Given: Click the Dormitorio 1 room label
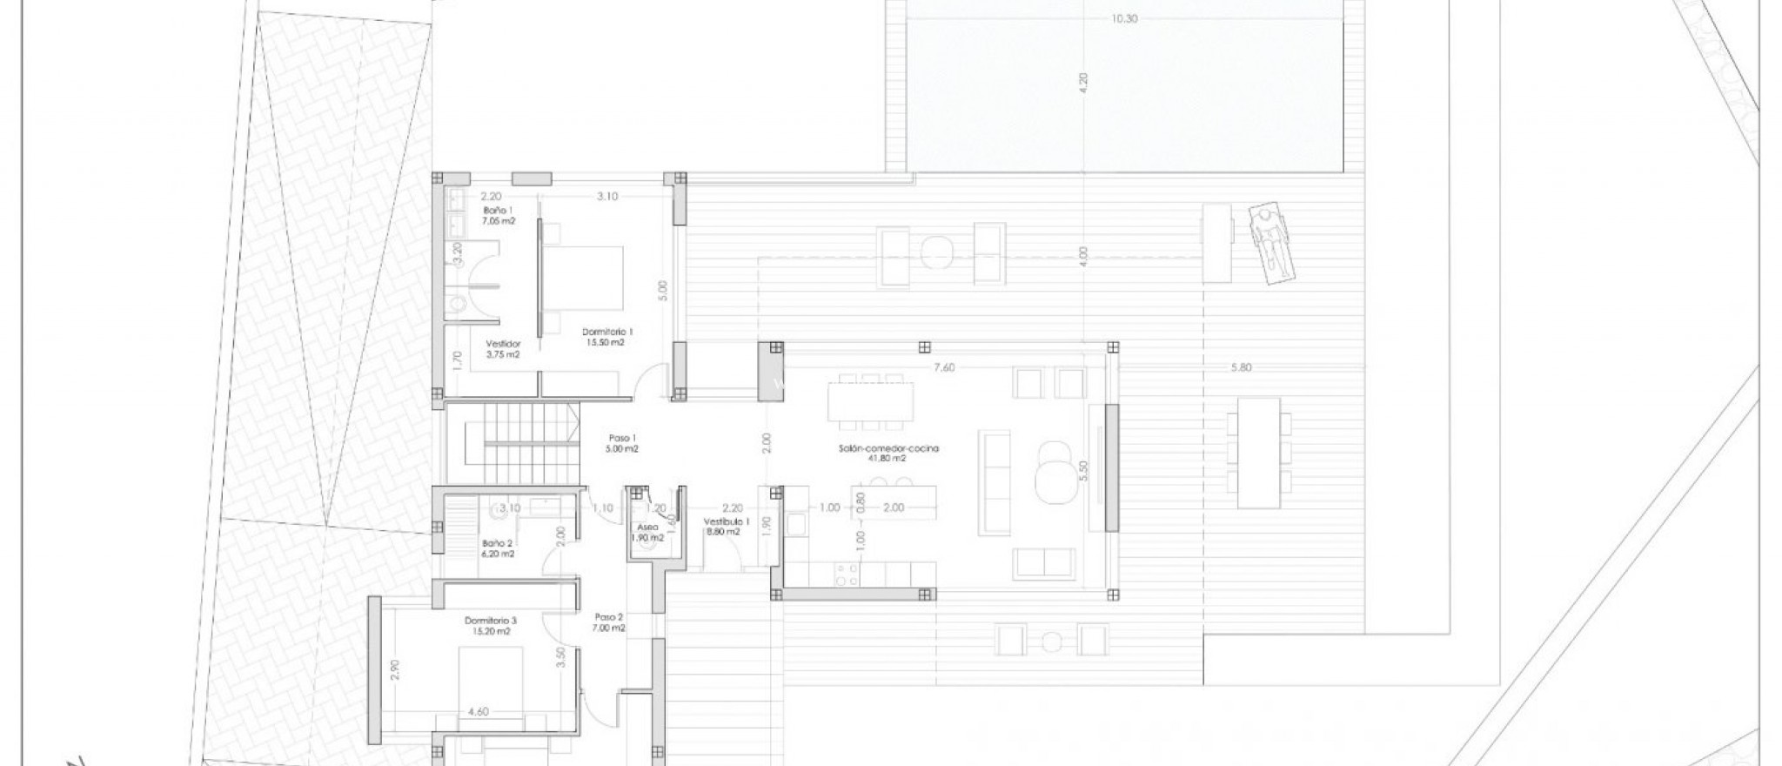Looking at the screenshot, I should click(607, 336).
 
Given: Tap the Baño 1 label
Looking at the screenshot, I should click(499, 216).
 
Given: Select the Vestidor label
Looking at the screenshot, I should click(503, 348).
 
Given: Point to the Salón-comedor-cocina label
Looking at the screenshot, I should click(884, 453).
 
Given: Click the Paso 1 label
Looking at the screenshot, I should click(623, 443).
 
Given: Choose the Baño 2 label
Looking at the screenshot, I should click(499, 548).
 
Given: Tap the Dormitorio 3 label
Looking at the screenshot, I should click(491, 626).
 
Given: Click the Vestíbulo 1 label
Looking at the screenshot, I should click(721, 526).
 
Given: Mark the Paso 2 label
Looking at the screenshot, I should click(609, 622).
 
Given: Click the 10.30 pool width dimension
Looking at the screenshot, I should click(1123, 19).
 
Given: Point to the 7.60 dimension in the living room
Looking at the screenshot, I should click(944, 367).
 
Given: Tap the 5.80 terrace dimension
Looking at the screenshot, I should click(1241, 367).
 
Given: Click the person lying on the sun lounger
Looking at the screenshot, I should click(1271, 246).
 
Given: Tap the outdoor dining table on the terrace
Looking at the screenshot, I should click(1259, 453).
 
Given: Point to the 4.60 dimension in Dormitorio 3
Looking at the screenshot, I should click(478, 711).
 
